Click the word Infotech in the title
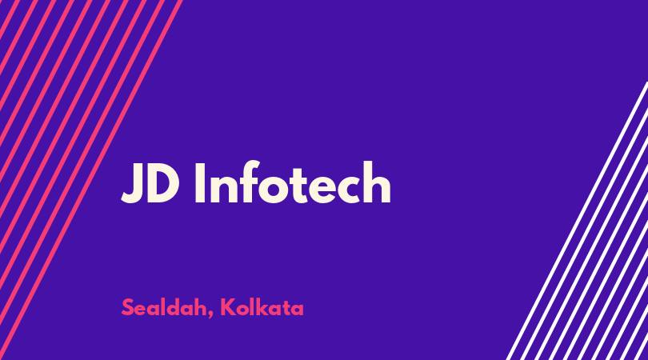pos(293,182)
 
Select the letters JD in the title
pos(150,182)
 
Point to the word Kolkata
pos(262,307)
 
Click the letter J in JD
pos(130,182)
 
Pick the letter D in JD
pos(163,182)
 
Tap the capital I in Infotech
pos(200,182)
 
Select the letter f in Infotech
pos(249,182)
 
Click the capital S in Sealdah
pos(128,307)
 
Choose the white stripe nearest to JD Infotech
pos(578,220)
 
